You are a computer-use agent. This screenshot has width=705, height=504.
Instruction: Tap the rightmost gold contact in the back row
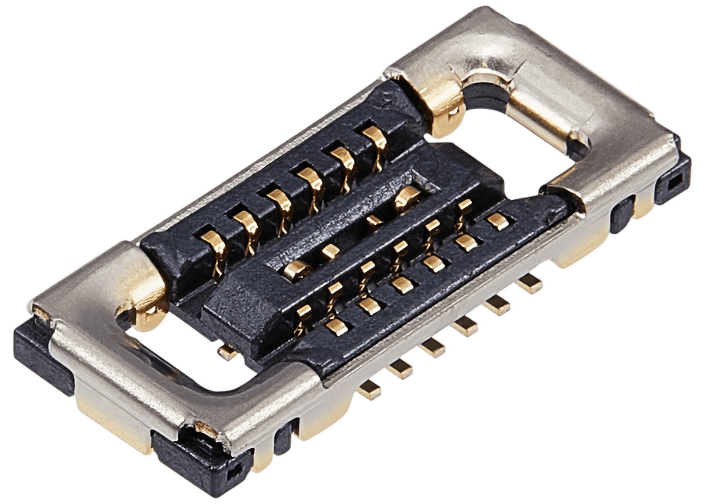click(x=373, y=135)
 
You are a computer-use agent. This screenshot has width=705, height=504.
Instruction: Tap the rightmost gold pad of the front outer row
click(x=498, y=222)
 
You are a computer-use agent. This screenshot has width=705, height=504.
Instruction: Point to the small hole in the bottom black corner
click(x=234, y=470)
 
